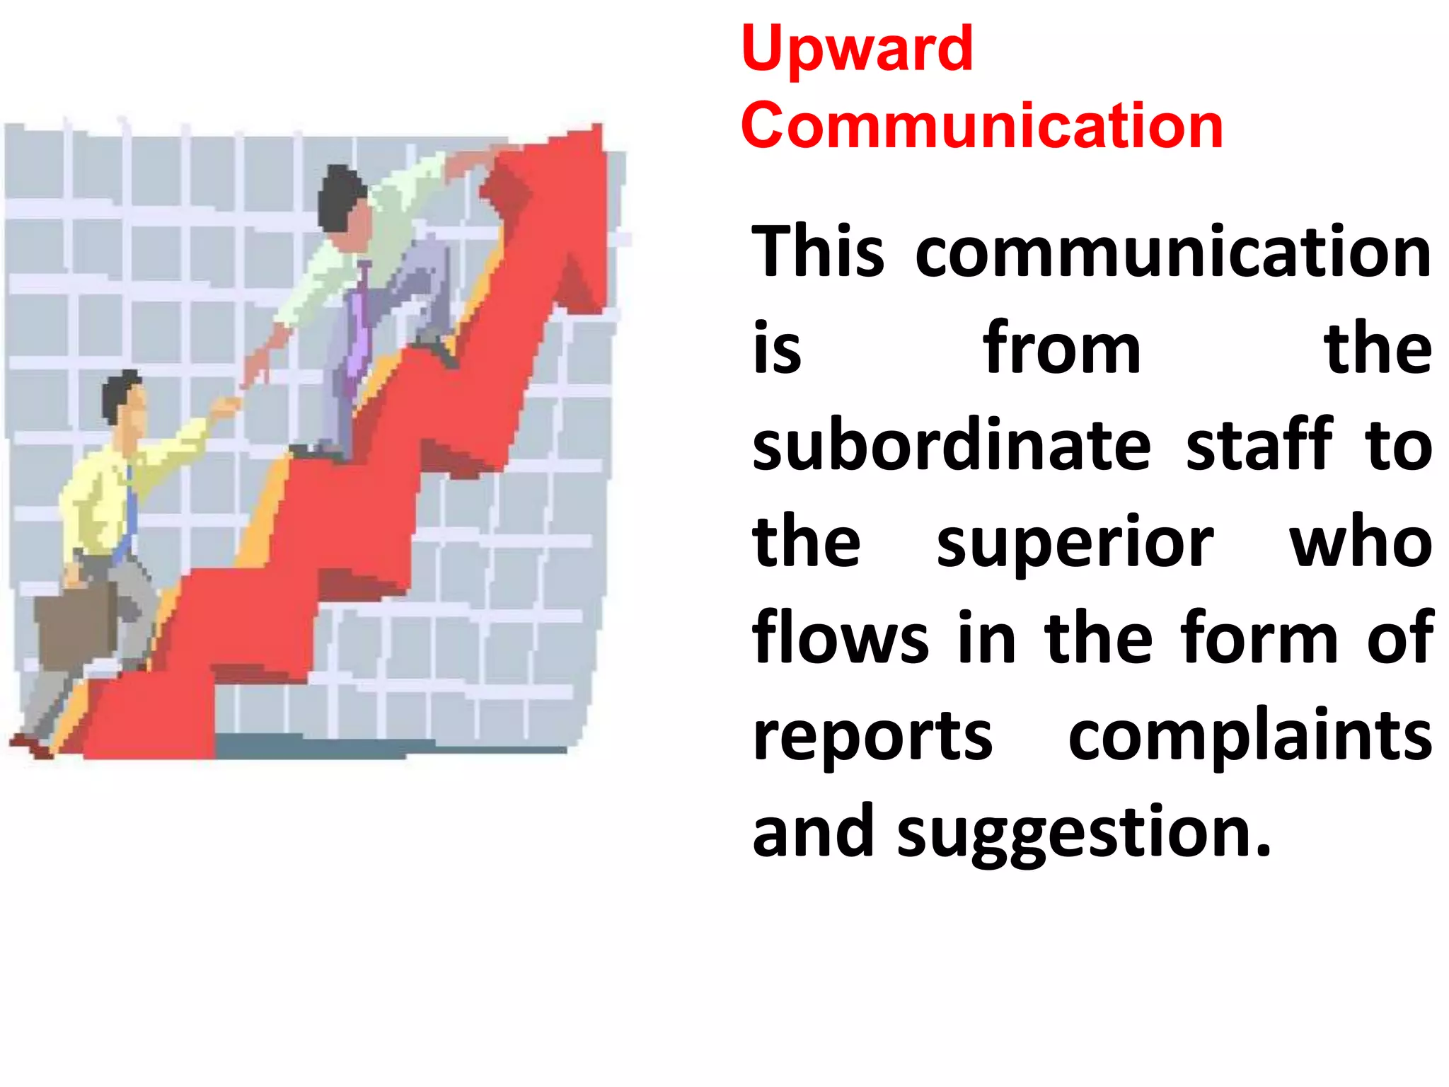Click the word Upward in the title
pyautogui.click(x=857, y=50)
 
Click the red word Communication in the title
pyautogui.click(x=982, y=126)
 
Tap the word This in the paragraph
pyautogui.click(x=817, y=252)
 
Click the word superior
pyautogui.click(x=1075, y=542)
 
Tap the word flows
pyautogui.click(x=840, y=638)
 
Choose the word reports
pyautogui.click(x=872, y=737)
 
